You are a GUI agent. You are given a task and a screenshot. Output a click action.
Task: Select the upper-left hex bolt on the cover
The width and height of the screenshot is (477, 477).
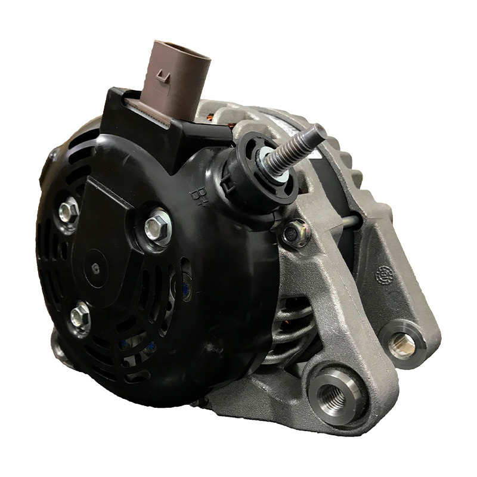tap(69, 211)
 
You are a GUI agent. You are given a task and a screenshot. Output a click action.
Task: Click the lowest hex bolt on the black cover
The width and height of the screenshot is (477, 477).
tap(80, 317)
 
